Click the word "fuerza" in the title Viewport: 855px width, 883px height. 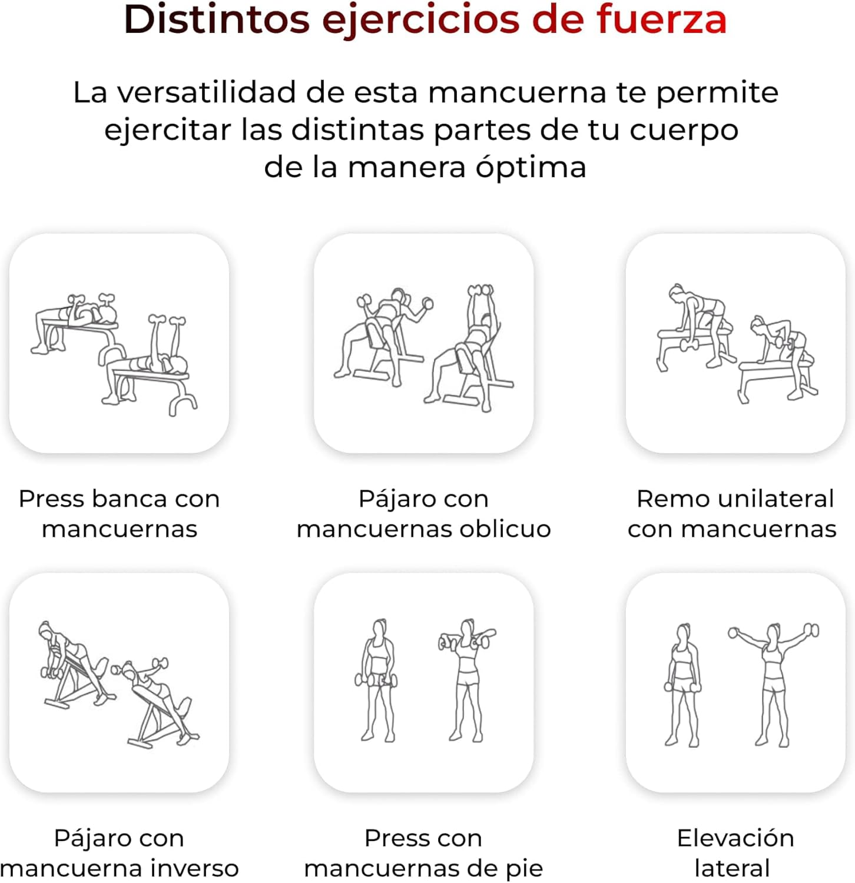[661, 19]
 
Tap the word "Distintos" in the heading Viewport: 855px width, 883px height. [217, 19]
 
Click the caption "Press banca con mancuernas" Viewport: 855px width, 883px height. [120, 514]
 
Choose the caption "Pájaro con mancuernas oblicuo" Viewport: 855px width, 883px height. [423, 514]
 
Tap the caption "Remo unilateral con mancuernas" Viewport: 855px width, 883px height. [732, 514]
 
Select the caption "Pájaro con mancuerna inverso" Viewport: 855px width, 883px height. [120, 853]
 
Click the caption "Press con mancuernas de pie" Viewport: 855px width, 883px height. [423, 853]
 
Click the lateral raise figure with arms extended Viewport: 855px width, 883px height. [773, 684]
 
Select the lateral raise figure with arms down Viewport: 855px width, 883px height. [683, 685]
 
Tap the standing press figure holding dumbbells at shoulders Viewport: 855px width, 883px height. [467, 680]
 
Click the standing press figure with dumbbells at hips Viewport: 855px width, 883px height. [377, 680]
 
